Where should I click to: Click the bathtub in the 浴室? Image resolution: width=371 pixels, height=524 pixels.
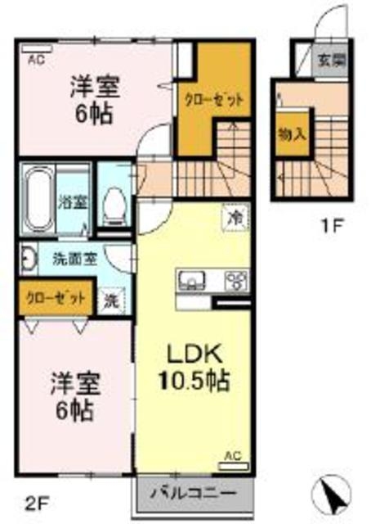(x=38, y=199)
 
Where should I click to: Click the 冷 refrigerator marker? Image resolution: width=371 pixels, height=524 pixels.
(x=235, y=218)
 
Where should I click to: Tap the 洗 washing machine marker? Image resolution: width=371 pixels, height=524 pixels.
(x=110, y=300)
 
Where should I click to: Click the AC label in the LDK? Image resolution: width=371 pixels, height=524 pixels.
(x=231, y=454)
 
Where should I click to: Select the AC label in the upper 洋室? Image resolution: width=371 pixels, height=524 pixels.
(x=37, y=59)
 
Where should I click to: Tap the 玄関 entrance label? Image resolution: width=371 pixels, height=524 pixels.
(x=331, y=59)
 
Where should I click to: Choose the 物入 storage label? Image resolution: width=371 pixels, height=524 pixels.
(x=291, y=133)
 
